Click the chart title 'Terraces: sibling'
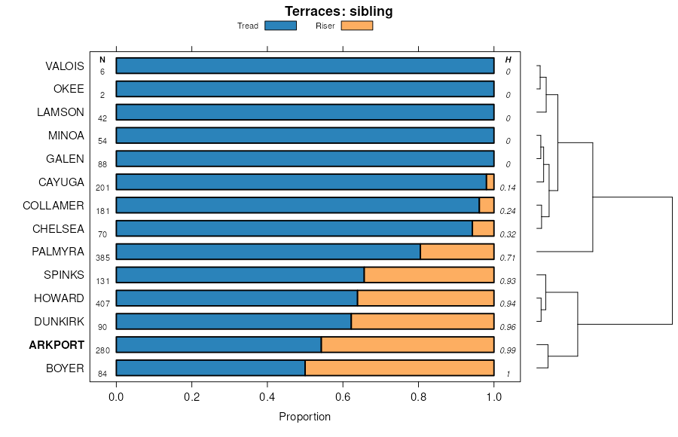338,11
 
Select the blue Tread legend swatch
280,26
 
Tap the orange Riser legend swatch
357,26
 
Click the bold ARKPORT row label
56,345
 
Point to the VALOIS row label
65,66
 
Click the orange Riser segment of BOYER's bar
399,368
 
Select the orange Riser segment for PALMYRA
457,252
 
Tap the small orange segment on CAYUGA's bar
490,182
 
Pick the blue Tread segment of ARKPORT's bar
218,345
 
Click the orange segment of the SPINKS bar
429,275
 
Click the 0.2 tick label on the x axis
192,396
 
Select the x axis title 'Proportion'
304,417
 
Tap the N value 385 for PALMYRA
102,258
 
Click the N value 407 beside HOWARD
102,304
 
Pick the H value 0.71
508,258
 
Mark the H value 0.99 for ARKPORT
508,351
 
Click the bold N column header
102,60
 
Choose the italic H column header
508,60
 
